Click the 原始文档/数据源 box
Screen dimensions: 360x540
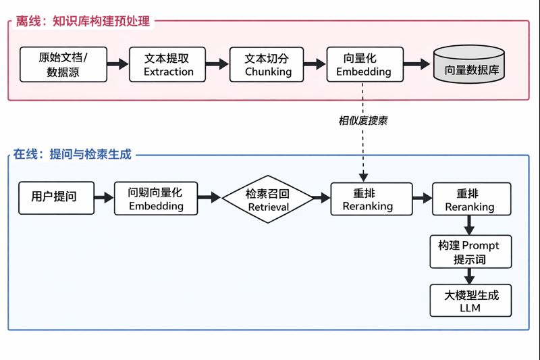(x=63, y=64)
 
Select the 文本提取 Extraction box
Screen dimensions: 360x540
(x=168, y=64)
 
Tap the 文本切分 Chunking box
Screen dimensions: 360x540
(x=268, y=64)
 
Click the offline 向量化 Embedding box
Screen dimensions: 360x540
(x=364, y=64)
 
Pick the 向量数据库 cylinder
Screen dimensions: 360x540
(x=468, y=65)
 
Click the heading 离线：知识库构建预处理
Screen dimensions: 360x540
(x=82, y=21)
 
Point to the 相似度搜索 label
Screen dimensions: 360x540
(x=363, y=122)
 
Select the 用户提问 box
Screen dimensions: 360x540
(x=56, y=198)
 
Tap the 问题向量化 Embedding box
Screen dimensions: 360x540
(x=156, y=199)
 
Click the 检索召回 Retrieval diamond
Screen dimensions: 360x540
(x=268, y=199)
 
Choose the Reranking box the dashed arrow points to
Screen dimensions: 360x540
(x=371, y=199)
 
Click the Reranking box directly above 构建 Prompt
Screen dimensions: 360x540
(x=470, y=199)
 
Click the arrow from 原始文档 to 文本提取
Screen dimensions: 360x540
(x=117, y=64)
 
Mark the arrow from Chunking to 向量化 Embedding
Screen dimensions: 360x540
(x=315, y=64)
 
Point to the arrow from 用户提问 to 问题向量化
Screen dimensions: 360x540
(x=104, y=198)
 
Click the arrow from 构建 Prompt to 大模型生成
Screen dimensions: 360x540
(x=470, y=276)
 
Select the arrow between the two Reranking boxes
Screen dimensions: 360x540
(x=422, y=199)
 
